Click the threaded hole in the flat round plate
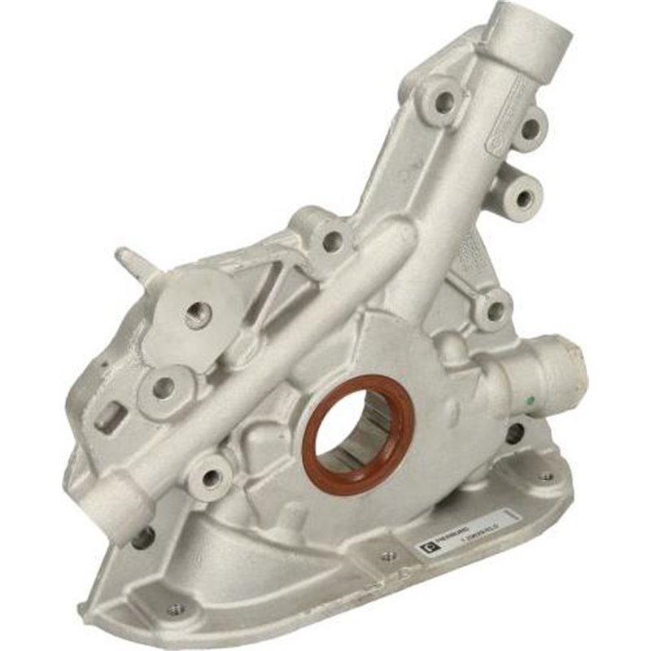tap(198, 314)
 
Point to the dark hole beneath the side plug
tap(513, 433)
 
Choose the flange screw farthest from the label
tap(173, 608)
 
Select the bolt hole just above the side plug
tap(494, 309)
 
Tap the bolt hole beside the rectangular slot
tap(162, 388)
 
